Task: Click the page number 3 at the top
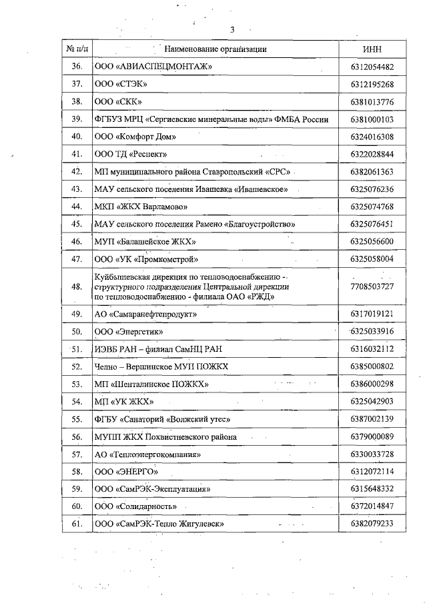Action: point(232,29)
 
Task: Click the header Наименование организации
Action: point(215,49)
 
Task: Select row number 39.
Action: point(76,119)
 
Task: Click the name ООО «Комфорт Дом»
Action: point(135,137)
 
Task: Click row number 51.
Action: point(76,348)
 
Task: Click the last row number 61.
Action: point(76,524)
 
